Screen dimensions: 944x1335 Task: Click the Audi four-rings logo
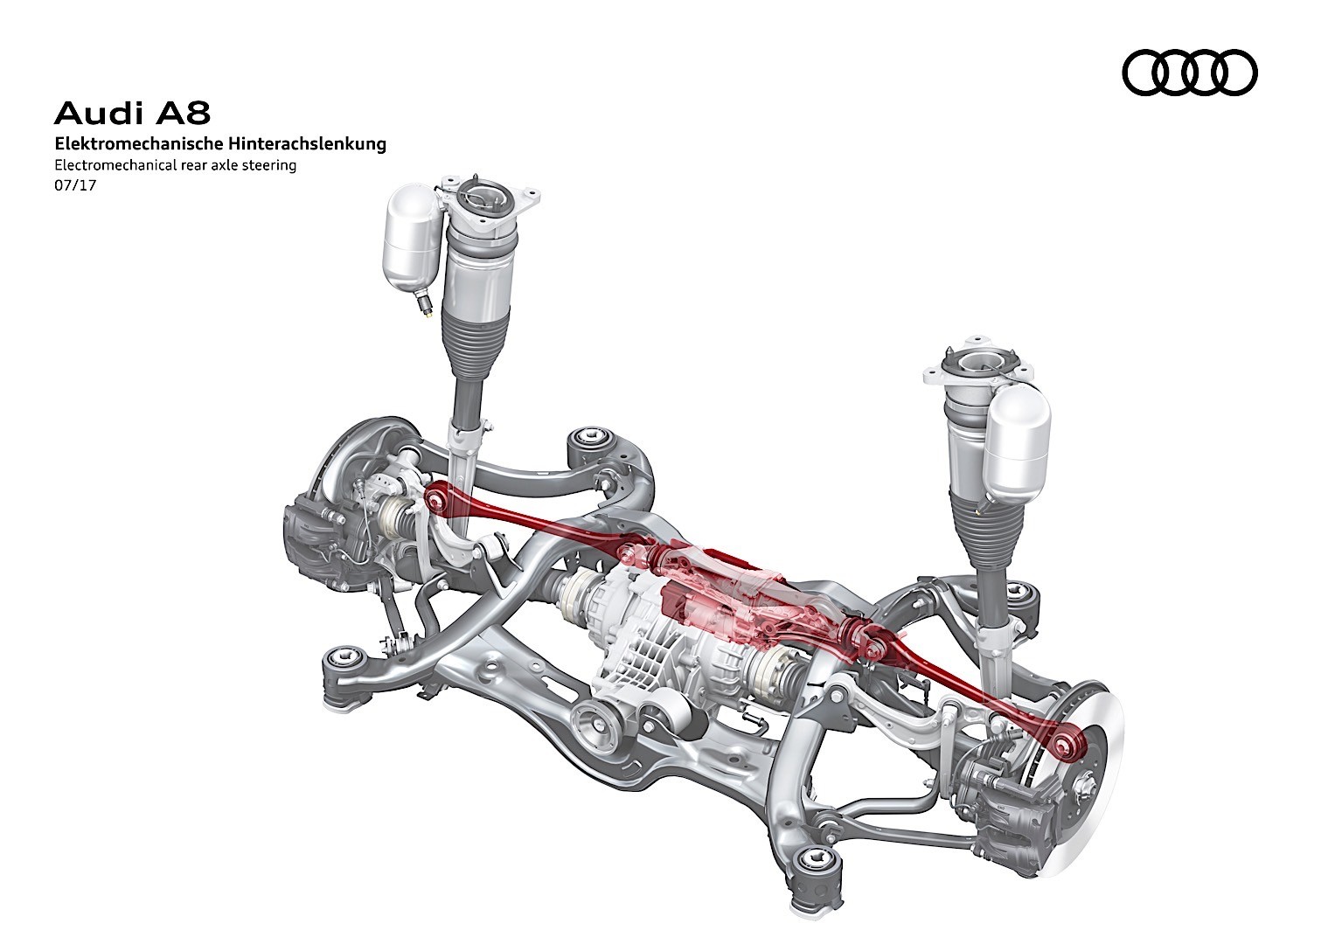pyautogui.click(x=1189, y=73)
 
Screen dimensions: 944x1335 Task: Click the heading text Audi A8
pyautogui.click(x=132, y=113)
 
